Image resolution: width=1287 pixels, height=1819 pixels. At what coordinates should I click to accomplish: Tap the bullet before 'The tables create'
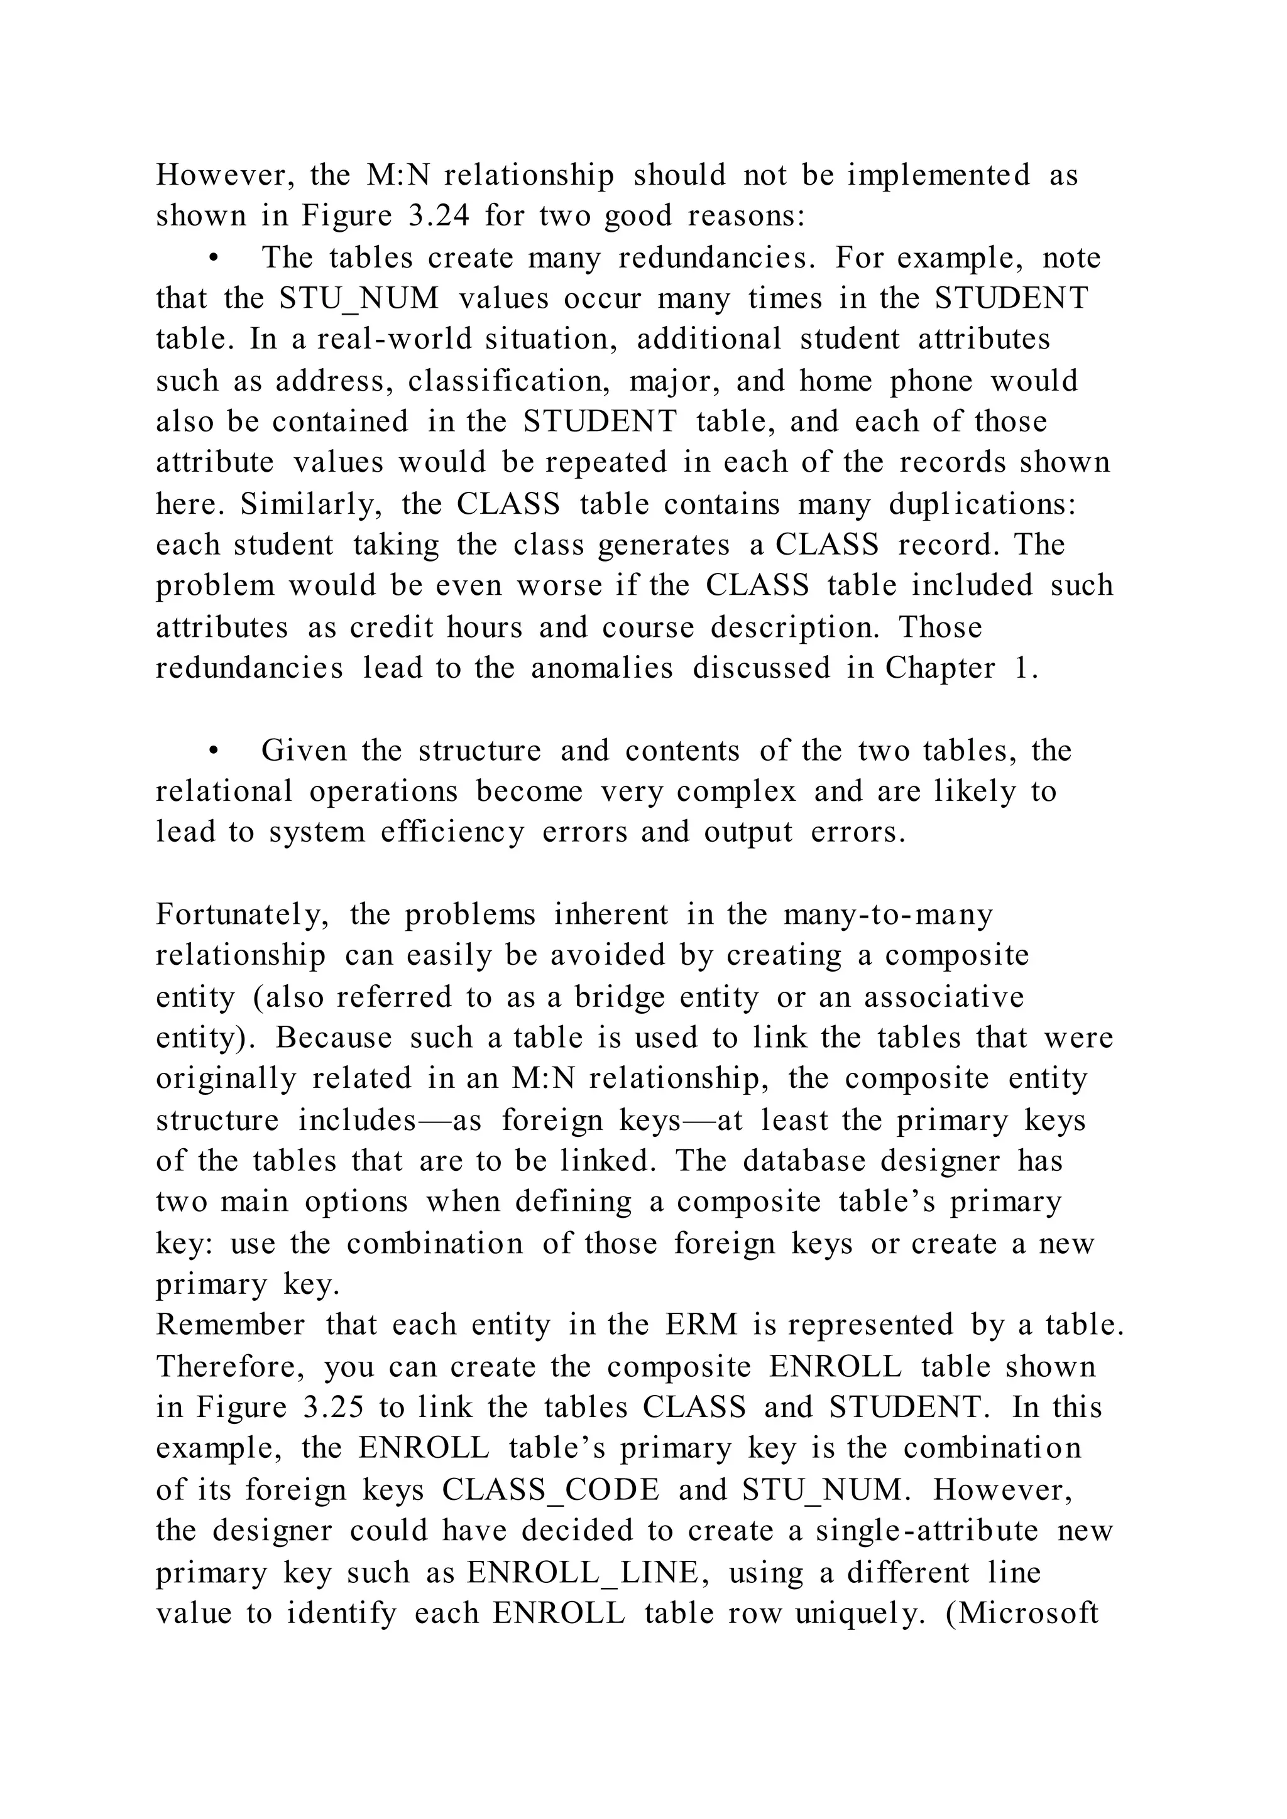coord(212,258)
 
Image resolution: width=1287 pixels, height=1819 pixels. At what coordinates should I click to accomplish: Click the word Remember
coord(230,1325)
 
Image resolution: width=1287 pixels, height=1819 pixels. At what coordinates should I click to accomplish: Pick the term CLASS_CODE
coord(550,1489)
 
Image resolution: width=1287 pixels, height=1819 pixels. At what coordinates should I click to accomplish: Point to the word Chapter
coord(940,668)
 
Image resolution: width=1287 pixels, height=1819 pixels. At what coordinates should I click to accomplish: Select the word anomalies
coord(601,668)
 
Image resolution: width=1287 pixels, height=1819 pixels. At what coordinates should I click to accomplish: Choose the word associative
coord(944,997)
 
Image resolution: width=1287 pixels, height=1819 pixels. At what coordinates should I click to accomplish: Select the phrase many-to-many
coord(887,915)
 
